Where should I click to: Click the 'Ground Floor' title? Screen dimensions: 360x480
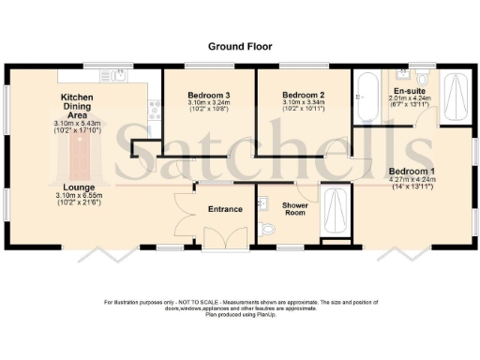pyautogui.click(x=239, y=45)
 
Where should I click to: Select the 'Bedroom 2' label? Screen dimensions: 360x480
pyautogui.click(x=303, y=96)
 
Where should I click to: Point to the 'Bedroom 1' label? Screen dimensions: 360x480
pyautogui.click(x=412, y=171)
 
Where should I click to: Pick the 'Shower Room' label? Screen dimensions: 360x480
pyautogui.click(x=295, y=208)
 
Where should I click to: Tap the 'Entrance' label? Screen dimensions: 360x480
pyautogui.click(x=225, y=208)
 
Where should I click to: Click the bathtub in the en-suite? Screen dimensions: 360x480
pyautogui.click(x=367, y=96)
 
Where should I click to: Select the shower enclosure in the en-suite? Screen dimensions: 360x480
pyautogui.click(x=457, y=97)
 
